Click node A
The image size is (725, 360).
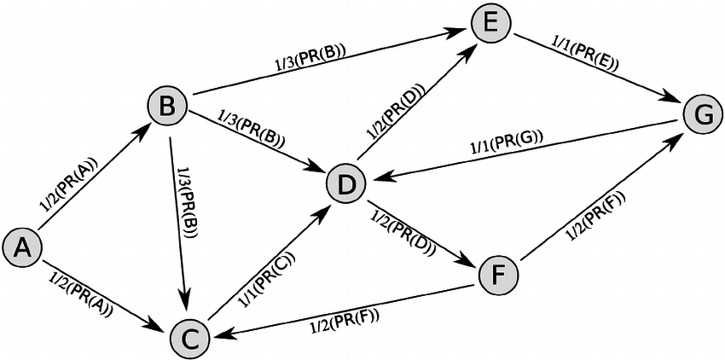[x=23, y=247]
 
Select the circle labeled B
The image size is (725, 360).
[x=167, y=106]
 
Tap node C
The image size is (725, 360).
[x=191, y=338]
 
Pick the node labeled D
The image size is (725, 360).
[x=346, y=182]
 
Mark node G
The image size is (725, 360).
[x=703, y=114]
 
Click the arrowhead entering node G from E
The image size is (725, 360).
[x=675, y=102]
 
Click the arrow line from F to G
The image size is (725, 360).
[x=597, y=200]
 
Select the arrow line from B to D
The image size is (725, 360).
[x=256, y=143]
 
